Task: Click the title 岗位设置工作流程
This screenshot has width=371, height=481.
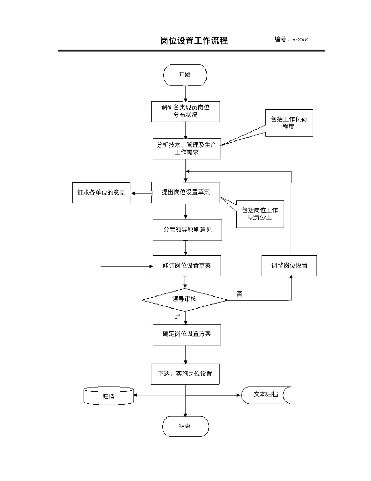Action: point(194,41)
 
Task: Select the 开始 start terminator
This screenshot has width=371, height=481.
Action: point(185,75)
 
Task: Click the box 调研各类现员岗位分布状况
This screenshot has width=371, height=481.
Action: point(185,111)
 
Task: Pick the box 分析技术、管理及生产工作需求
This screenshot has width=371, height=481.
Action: point(187,148)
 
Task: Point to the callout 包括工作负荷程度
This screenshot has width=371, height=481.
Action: point(289,123)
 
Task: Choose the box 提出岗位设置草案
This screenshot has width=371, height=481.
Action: point(185,192)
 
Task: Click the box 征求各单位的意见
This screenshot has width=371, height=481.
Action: point(101,192)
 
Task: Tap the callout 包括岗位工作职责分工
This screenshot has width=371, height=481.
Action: point(260,214)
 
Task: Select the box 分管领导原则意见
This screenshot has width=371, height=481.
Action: point(187,230)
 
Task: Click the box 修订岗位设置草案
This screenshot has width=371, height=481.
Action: point(187,266)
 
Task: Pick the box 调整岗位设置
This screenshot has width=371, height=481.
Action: point(289,266)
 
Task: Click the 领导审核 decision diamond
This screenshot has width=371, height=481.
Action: point(184,299)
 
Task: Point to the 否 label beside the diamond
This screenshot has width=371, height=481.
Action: point(239,294)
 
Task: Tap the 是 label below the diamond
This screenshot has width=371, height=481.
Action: point(178,317)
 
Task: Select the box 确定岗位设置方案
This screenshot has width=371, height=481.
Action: point(187,334)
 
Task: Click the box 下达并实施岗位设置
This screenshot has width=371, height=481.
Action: point(185,374)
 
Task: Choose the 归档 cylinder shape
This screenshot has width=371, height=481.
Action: point(109,396)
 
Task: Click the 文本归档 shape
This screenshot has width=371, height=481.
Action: point(266,395)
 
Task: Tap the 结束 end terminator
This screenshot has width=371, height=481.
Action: point(185,426)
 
